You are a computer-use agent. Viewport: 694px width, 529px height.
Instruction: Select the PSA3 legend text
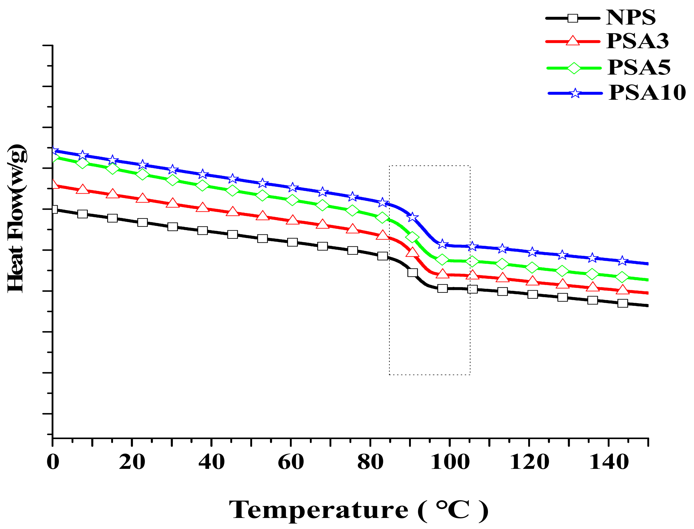(637, 41)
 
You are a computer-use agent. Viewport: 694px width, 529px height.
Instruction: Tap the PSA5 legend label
(639, 68)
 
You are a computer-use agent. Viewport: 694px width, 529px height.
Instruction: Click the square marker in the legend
(573, 18)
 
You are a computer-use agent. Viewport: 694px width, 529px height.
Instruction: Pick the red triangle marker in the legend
(573, 41)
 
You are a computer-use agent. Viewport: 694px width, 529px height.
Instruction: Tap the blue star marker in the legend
(575, 93)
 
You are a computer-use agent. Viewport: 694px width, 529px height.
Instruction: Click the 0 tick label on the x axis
(53, 462)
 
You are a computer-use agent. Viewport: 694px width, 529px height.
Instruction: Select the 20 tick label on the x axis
(132, 462)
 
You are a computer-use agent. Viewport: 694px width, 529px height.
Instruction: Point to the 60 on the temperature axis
(290, 462)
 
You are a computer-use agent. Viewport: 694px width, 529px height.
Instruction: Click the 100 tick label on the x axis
(450, 462)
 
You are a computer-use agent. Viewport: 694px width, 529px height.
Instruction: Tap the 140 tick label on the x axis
(609, 462)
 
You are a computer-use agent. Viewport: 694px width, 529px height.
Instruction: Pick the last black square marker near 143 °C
(622, 303)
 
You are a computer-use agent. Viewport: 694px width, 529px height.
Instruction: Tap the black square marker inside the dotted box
(412, 272)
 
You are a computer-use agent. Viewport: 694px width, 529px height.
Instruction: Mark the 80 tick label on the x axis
(370, 462)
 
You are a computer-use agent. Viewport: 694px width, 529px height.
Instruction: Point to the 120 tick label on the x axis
(529, 462)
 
